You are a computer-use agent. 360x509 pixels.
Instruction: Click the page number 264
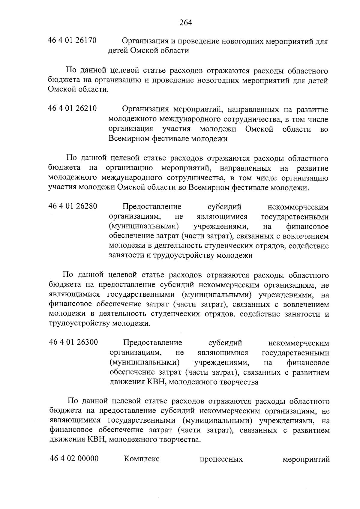click(186, 22)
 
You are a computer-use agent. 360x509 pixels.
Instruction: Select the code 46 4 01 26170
click(72, 40)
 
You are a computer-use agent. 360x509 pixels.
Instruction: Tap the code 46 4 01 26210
click(72, 108)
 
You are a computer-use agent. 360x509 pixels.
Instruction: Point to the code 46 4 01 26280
click(73, 206)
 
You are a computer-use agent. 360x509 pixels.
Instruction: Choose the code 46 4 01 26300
click(73, 342)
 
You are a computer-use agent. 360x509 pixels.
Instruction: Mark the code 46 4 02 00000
click(74, 458)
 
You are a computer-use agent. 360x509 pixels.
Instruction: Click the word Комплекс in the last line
click(142, 459)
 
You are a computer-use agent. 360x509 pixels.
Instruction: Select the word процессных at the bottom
click(221, 459)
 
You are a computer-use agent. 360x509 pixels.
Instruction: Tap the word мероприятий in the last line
click(306, 459)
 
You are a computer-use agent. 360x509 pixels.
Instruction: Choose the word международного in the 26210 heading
click(190, 119)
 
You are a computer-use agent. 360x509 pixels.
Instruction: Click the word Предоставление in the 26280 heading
click(152, 207)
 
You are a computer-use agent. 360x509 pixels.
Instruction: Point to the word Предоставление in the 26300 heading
click(152, 343)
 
